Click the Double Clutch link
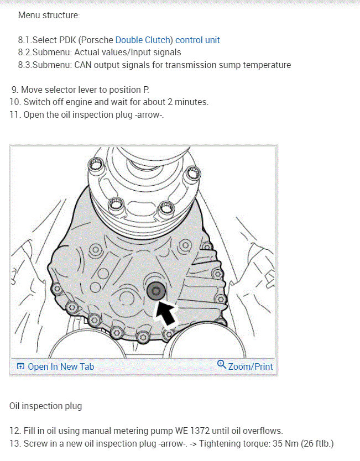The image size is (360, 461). [x=143, y=40]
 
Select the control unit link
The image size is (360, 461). [x=197, y=40]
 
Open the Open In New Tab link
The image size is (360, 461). [x=61, y=366]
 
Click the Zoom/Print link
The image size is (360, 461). [x=251, y=366]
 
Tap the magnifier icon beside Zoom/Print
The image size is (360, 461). [x=221, y=365]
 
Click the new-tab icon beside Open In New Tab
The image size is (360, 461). [x=20, y=366]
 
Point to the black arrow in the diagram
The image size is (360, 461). [x=166, y=313]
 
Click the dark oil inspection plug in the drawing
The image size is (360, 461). [x=156, y=291]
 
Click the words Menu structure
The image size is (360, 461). [x=49, y=15]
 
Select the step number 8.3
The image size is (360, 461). [x=25, y=65]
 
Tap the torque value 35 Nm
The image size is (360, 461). [x=285, y=444]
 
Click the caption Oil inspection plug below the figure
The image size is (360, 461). [x=45, y=406]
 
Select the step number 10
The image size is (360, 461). [x=15, y=102]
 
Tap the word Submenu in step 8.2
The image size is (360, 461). [x=51, y=53]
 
